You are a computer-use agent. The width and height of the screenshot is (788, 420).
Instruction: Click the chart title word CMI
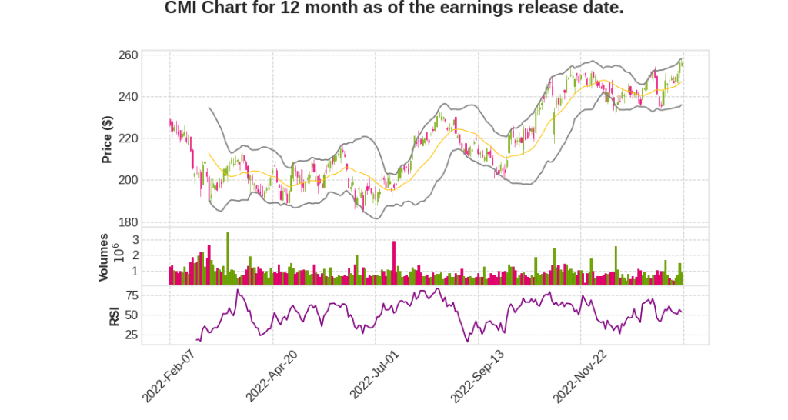184,9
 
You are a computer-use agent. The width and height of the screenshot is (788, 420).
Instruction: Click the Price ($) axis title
108,139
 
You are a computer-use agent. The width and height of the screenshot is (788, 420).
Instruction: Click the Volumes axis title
104,256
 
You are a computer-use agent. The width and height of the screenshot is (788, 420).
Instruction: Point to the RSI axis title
114,315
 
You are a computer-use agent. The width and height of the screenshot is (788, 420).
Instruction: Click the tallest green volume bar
227,258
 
